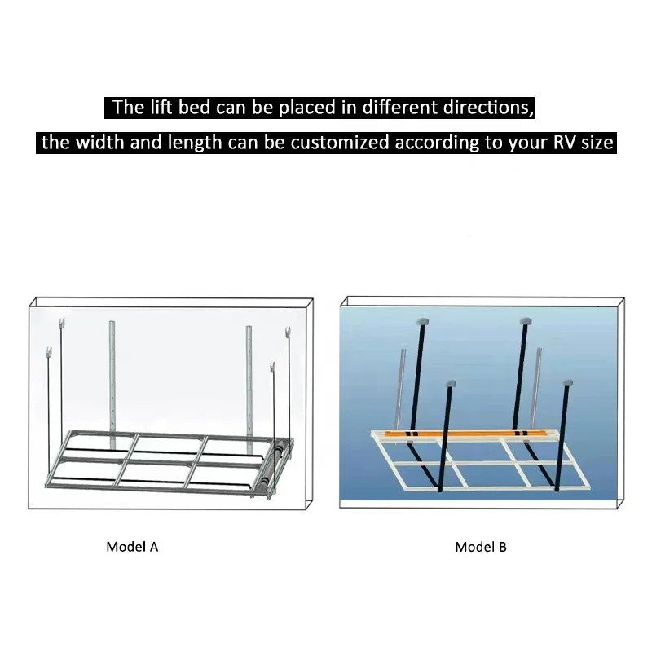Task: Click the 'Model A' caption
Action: tap(132, 547)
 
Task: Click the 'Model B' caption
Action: tap(481, 547)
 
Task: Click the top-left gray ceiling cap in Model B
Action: tap(422, 320)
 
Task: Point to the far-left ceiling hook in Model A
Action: tap(51, 353)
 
